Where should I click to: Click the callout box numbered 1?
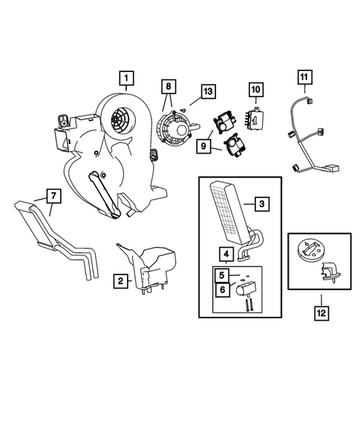click(x=126, y=79)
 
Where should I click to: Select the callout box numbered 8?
click(x=168, y=86)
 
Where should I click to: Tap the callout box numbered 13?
click(x=208, y=91)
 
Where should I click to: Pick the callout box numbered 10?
click(x=255, y=90)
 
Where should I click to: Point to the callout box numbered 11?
click(x=304, y=77)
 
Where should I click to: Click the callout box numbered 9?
click(x=203, y=145)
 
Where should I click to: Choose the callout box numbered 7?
click(x=53, y=196)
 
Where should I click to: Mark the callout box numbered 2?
click(x=120, y=280)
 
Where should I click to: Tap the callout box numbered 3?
click(x=261, y=204)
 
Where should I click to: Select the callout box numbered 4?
click(x=226, y=254)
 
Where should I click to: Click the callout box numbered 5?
click(x=222, y=275)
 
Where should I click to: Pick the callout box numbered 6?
click(x=222, y=290)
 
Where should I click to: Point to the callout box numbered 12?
click(x=321, y=313)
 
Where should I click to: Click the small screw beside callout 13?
click(x=183, y=110)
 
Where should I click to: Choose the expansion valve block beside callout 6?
click(x=246, y=288)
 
